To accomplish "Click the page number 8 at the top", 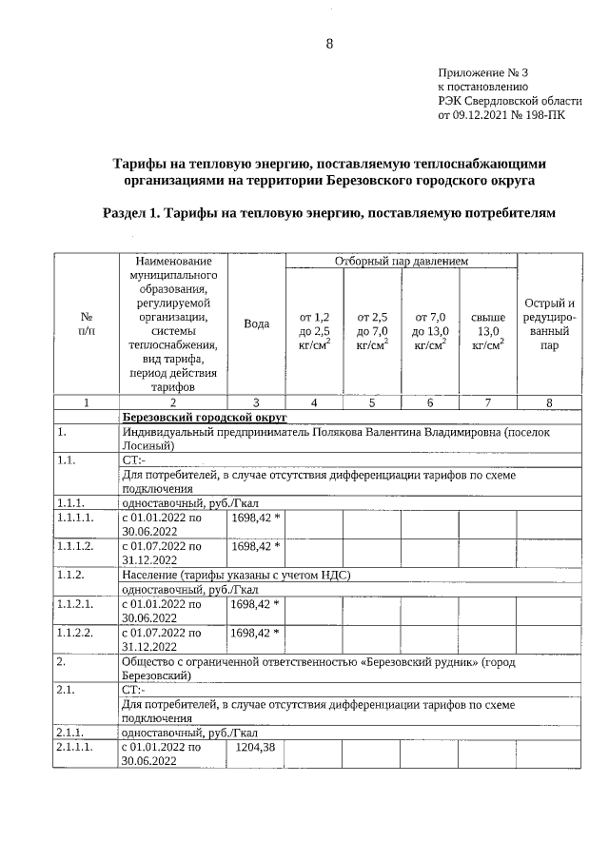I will click(329, 44).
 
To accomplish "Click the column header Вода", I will click(256, 323).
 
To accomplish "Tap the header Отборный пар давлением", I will click(401, 261).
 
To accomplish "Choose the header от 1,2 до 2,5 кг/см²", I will click(314, 330).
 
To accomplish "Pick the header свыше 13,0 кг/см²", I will click(487, 330).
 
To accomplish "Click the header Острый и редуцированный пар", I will click(549, 324).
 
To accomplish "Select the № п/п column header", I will click(86, 323).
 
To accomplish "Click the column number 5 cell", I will click(372, 402).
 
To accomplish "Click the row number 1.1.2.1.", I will click(75, 602).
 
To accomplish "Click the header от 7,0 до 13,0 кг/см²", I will click(430, 330).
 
